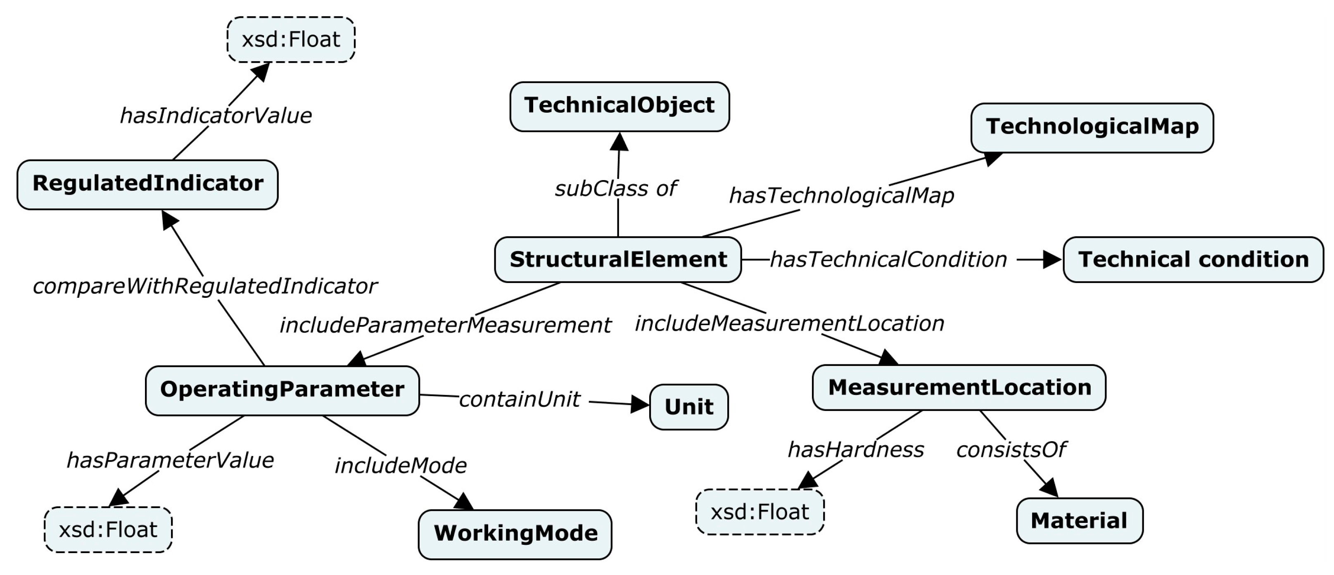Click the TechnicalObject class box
[x=620, y=106]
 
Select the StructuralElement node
[x=618, y=259]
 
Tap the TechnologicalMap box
[x=1092, y=127]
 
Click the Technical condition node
[x=1193, y=259]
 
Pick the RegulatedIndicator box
[x=147, y=184]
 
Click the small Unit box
[x=689, y=407]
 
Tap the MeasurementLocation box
[x=959, y=387]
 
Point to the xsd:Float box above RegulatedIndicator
[x=291, y=40]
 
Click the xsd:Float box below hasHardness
[x=760, y=512]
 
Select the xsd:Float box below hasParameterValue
[x=108, y=530]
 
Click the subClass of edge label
[x=615, y=188]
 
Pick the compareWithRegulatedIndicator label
[x=205, y=286]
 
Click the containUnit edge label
[x=520, y=399]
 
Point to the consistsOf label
[x=1010, y=450]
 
